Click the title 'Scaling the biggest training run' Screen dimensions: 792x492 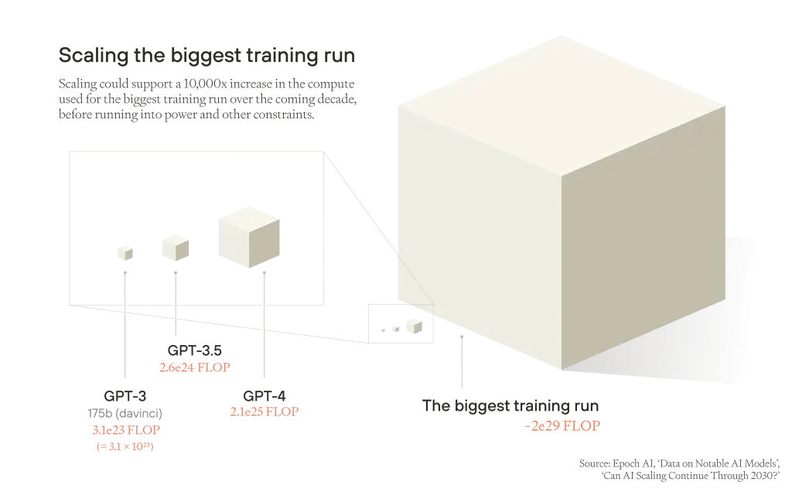click(x=207, y=56)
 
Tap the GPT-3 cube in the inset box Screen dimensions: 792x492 click(x=125, y=252)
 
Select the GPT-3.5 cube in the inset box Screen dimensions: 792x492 click(x=176, y=248)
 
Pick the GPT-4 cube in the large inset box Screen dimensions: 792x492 click(x=249, y=237)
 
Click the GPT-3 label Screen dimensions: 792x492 click(x=125, y=395)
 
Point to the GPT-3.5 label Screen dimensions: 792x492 click(x=194, y=350)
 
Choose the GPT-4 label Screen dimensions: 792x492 click(x=265, y=395)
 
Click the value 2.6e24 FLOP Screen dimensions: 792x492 click(x=194, y=367)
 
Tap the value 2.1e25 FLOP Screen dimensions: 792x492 click(x=265, y=412)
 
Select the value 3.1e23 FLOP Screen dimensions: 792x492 click(x=126, y=430)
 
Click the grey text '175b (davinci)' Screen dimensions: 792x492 click(x=125, y=413)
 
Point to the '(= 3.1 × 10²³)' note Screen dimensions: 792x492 click(x=125, y=446)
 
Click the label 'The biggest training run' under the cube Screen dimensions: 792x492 click(x=510, y=405)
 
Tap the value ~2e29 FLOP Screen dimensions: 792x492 click(x=562, y=425)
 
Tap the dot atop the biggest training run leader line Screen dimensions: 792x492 click(x=462, y=337)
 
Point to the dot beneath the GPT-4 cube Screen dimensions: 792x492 click(x=265, y=273)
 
